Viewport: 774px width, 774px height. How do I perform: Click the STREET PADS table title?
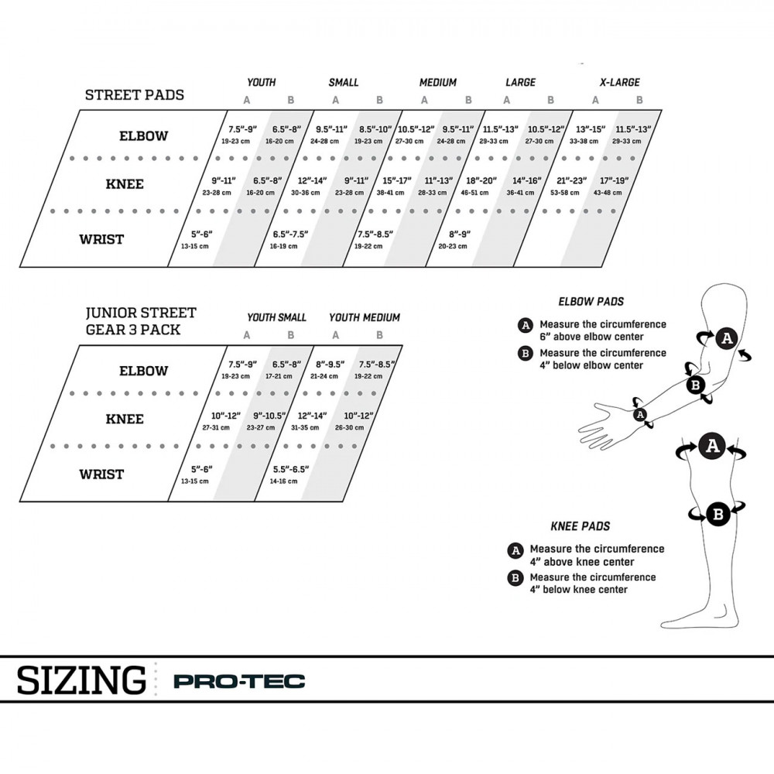point(135,95)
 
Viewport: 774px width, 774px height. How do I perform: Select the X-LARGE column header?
point(620,82)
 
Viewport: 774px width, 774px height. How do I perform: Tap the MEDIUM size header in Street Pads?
point(438,82)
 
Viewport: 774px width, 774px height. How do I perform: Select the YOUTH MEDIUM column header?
point(365,317)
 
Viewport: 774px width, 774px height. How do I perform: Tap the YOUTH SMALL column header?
point(277,317)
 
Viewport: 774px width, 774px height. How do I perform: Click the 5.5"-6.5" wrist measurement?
point(290,472)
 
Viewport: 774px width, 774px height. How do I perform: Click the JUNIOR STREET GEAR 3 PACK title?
point(141,320)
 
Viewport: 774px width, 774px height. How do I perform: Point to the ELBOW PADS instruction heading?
point(591,302)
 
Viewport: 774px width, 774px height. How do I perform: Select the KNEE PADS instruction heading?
point(580,526)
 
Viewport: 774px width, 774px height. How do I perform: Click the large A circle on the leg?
point(712,446)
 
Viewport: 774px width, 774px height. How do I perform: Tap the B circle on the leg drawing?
point(717,513)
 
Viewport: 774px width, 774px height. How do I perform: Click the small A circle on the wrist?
point(640,415)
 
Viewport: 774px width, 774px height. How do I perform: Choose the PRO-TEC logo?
point(239,682)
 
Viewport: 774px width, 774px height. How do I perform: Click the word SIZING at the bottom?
point(81,680)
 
